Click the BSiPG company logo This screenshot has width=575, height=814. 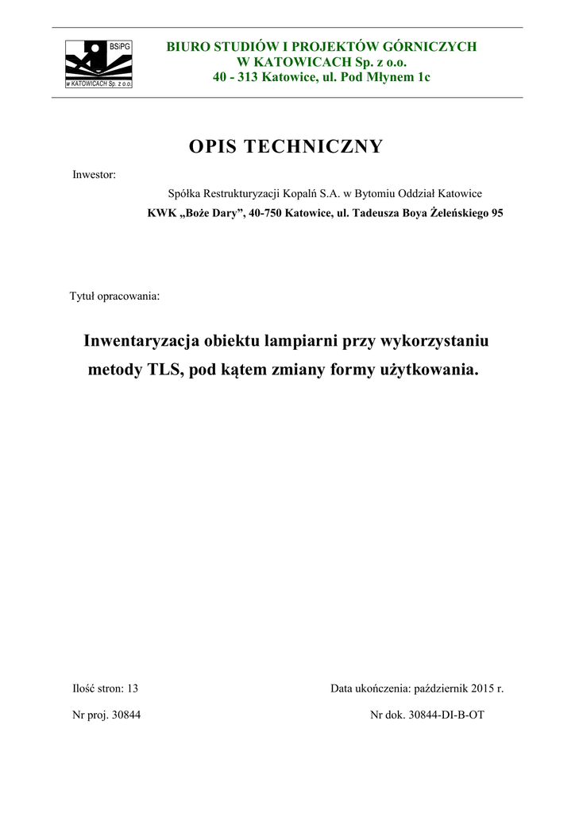(x=98, y=63)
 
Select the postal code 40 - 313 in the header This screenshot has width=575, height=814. (x=237, y=77)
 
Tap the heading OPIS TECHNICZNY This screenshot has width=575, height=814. (x=287, y=147)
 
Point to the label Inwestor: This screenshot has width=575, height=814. (x=95, y=174)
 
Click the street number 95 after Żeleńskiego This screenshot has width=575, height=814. (x=496, y=213)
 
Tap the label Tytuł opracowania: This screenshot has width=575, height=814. (x=114, y=297)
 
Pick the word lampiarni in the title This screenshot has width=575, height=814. (x=303, y=341)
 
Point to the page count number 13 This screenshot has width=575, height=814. (x=133, y=688)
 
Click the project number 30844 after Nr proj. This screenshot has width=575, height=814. (x=125, y=715)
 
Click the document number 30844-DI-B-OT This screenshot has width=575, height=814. (x=446, y=715)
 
